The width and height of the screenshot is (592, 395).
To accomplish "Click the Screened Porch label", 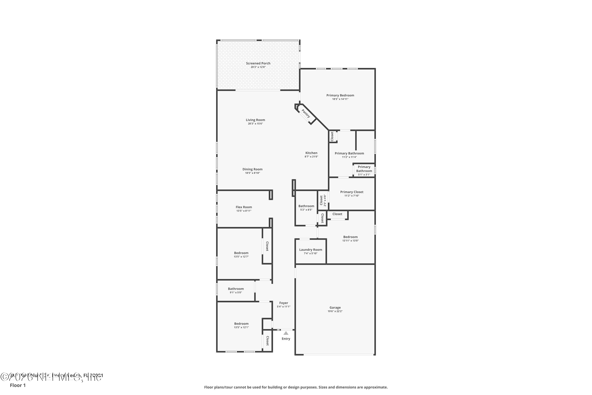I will (258, 63).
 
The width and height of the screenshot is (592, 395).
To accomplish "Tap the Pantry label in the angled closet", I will (306, 113).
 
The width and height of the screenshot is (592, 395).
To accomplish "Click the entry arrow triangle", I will (286, 333).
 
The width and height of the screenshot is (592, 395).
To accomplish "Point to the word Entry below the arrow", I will (286, 339).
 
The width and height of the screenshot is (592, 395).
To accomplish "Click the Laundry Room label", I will (311, 250).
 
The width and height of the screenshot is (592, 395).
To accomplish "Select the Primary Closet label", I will (352, 192).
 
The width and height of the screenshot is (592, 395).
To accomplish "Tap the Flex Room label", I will (244, 207).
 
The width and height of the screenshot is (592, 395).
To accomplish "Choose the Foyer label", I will (284, 303).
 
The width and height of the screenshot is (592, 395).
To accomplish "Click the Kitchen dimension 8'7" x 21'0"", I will (311, 157).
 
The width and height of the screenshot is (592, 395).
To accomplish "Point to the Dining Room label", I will (252, 169).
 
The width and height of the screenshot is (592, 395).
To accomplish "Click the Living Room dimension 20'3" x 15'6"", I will (256, 124).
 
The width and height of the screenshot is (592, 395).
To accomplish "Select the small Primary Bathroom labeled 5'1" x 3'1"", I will (364, 171).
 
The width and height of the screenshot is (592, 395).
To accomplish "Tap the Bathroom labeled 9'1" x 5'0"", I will (236, 289).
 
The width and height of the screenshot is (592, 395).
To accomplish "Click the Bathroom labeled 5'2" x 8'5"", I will (306, 206).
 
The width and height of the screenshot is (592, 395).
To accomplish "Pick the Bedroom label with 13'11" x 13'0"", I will (350, 237).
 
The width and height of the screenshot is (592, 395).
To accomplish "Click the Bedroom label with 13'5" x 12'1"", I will (241, 324).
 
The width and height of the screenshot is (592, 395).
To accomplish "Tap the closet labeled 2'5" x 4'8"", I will (323, 200).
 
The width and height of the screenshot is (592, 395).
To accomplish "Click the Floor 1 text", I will (18, 385).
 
